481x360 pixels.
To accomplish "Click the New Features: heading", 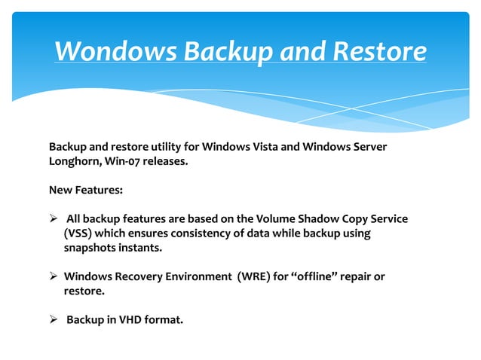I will pyautogui.click(x=85, y=190).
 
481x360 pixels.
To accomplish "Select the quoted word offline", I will pyautogui.click(x=318, y=276).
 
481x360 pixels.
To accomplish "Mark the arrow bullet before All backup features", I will pyautogui.click(x=54, y=219).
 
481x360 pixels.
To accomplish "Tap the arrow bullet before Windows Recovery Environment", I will pyautogui.click(x=54, y=277).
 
